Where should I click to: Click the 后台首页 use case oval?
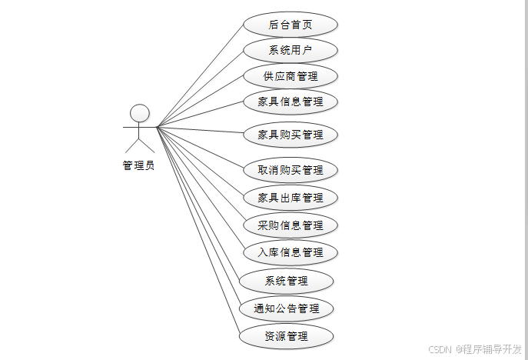290,25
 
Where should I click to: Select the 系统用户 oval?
290,51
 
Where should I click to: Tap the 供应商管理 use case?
290,76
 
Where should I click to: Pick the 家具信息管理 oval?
290,102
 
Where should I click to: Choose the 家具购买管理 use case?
290,135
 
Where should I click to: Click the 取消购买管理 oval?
290,170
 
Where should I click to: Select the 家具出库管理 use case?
290,198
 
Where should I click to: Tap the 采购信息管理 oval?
290,225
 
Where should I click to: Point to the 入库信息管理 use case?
290,252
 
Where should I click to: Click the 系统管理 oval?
286,281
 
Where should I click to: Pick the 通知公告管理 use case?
286,308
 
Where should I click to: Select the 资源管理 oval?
286,336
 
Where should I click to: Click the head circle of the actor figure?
139,114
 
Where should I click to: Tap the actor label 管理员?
138,165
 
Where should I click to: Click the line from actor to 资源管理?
198,231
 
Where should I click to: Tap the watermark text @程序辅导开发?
489,348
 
